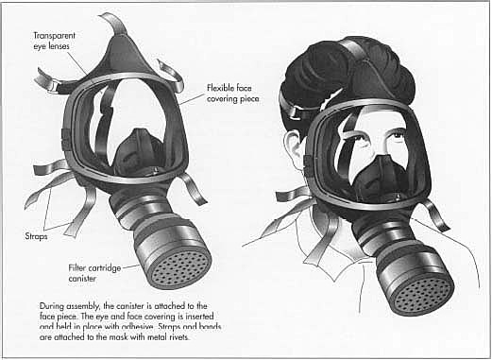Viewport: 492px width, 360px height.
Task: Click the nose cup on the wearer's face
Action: click(373, 176)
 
